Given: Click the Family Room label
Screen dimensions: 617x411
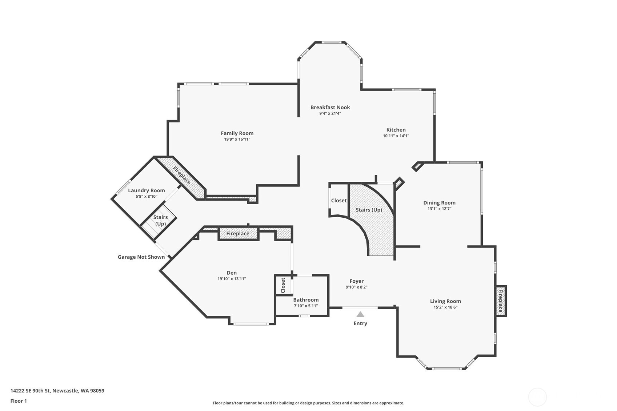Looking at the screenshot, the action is [x=237, y=133].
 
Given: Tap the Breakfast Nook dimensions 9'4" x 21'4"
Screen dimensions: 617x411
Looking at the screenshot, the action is [x=330, y=113].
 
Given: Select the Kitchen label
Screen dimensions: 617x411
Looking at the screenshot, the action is [x=396, y=130].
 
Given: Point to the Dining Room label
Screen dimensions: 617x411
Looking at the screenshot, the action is [x=439, y=203].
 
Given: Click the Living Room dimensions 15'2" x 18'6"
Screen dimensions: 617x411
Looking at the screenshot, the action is [x=445, y=307].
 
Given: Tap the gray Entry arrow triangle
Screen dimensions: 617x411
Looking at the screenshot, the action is [x=360, y=314].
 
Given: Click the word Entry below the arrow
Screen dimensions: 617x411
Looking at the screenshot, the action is [x=360, y=323].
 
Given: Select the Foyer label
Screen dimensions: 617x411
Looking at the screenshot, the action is [x=356, y=281].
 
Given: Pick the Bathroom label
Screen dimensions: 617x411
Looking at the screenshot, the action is [x=306, y=300].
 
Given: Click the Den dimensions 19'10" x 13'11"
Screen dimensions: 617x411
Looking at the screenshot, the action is [x=232, y=279].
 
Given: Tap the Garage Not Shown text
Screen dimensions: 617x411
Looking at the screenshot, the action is [x=141, y=257].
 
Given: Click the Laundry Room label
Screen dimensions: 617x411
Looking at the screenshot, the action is [x=146, y=190].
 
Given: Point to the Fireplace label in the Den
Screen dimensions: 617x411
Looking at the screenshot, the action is [x=238, y=233].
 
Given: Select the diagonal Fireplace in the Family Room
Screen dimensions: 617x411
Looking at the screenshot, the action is [x=182, y=176].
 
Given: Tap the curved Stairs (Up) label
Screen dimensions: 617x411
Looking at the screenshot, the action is [x=369, y=210].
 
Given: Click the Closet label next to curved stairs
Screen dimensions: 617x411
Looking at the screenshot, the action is [x=339, y=200].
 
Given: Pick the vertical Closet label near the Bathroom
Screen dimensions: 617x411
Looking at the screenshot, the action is [x=283, y=285].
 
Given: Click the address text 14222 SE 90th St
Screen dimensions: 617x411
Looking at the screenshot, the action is [x=30, y=390].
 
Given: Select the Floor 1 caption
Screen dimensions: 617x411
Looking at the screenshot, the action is [x=19, y=401].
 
